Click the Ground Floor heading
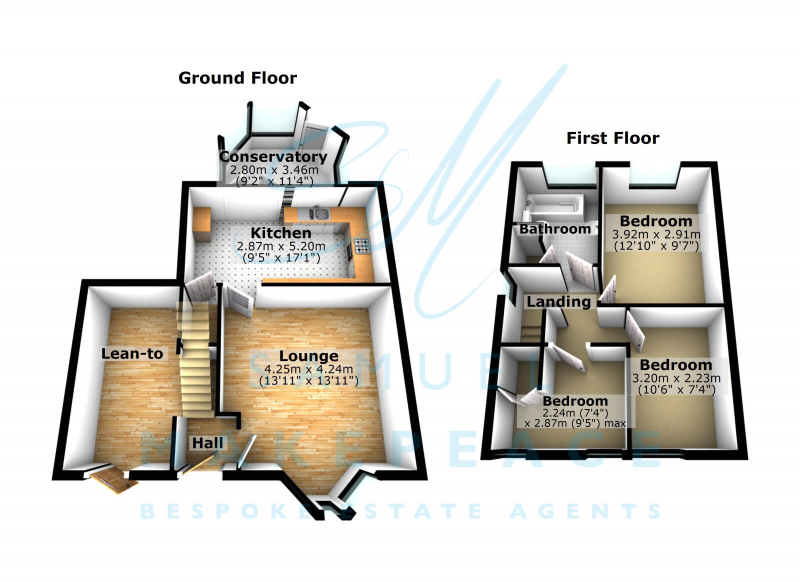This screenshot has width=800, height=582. click(237, 78)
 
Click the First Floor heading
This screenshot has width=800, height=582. click(612, 138)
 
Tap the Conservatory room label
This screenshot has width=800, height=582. click(273, 156)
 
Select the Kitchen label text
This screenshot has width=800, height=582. click(280, 233)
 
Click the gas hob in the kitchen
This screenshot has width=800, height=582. click(362, 245)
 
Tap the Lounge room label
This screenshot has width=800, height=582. click(308, 356)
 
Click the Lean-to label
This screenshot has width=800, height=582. click(132, 353)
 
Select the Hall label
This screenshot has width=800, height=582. click(207, 443)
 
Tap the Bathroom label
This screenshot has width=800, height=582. click(555, 229)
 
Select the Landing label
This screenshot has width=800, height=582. click(558, 301)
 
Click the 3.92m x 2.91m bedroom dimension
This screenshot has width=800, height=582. click(656, 234)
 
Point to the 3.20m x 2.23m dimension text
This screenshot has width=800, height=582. click(676, 378)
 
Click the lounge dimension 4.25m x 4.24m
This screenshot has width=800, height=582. click(308, 369)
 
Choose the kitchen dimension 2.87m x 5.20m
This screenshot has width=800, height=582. click(281, 246)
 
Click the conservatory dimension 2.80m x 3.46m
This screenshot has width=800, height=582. click(274, 170)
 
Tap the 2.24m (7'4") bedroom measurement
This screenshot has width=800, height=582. click(575, 413)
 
